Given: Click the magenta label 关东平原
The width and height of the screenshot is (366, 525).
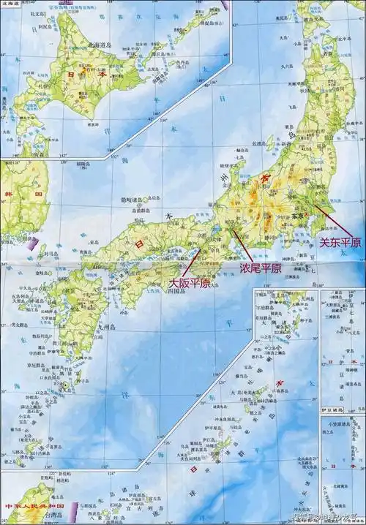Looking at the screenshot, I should point(336,241).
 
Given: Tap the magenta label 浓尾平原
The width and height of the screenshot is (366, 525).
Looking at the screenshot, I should point(261,268).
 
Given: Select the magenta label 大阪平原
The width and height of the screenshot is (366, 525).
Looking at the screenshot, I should point(190,282).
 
